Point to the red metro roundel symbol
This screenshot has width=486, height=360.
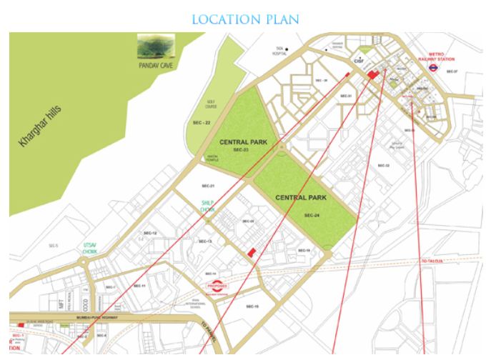pos(433,69)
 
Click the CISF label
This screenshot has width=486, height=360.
pos(359,63)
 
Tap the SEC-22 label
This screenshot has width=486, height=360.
pos(202,123)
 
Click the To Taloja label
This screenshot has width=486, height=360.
pos(433,261)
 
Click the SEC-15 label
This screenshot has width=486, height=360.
pos(251,306)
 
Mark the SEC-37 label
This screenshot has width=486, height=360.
pos(451,71)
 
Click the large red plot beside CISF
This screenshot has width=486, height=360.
pos(372,74)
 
